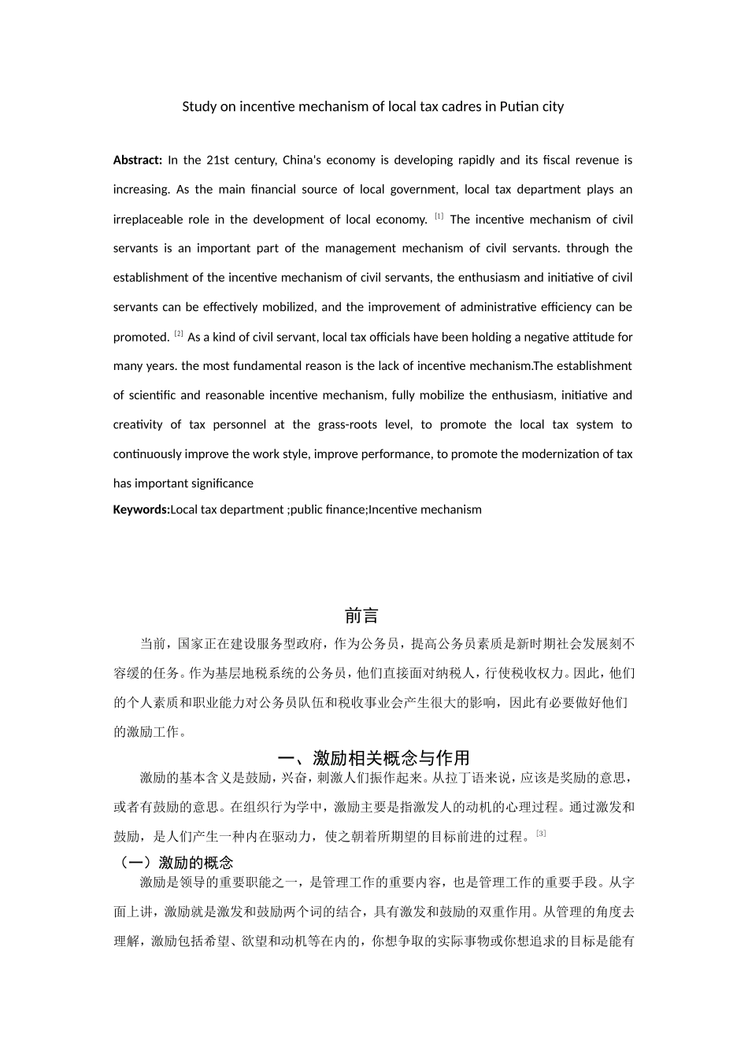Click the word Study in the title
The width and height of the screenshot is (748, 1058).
coord(198,106)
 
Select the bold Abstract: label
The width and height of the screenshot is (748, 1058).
coord(138,160)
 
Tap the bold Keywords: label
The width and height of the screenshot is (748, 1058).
coord(141,509)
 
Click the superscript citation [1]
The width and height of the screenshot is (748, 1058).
coord(439,216)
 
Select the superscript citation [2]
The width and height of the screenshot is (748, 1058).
coord(179,334)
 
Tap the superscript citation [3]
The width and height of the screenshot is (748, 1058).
coord(541,833)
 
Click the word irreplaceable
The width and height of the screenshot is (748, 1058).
coord(150,219)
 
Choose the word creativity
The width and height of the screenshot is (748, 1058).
coord(138,424)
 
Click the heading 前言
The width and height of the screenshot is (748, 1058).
coord(361,615)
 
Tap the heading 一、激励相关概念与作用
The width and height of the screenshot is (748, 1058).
coord(374,757)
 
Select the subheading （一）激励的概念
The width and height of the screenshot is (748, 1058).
coord(174,862)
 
